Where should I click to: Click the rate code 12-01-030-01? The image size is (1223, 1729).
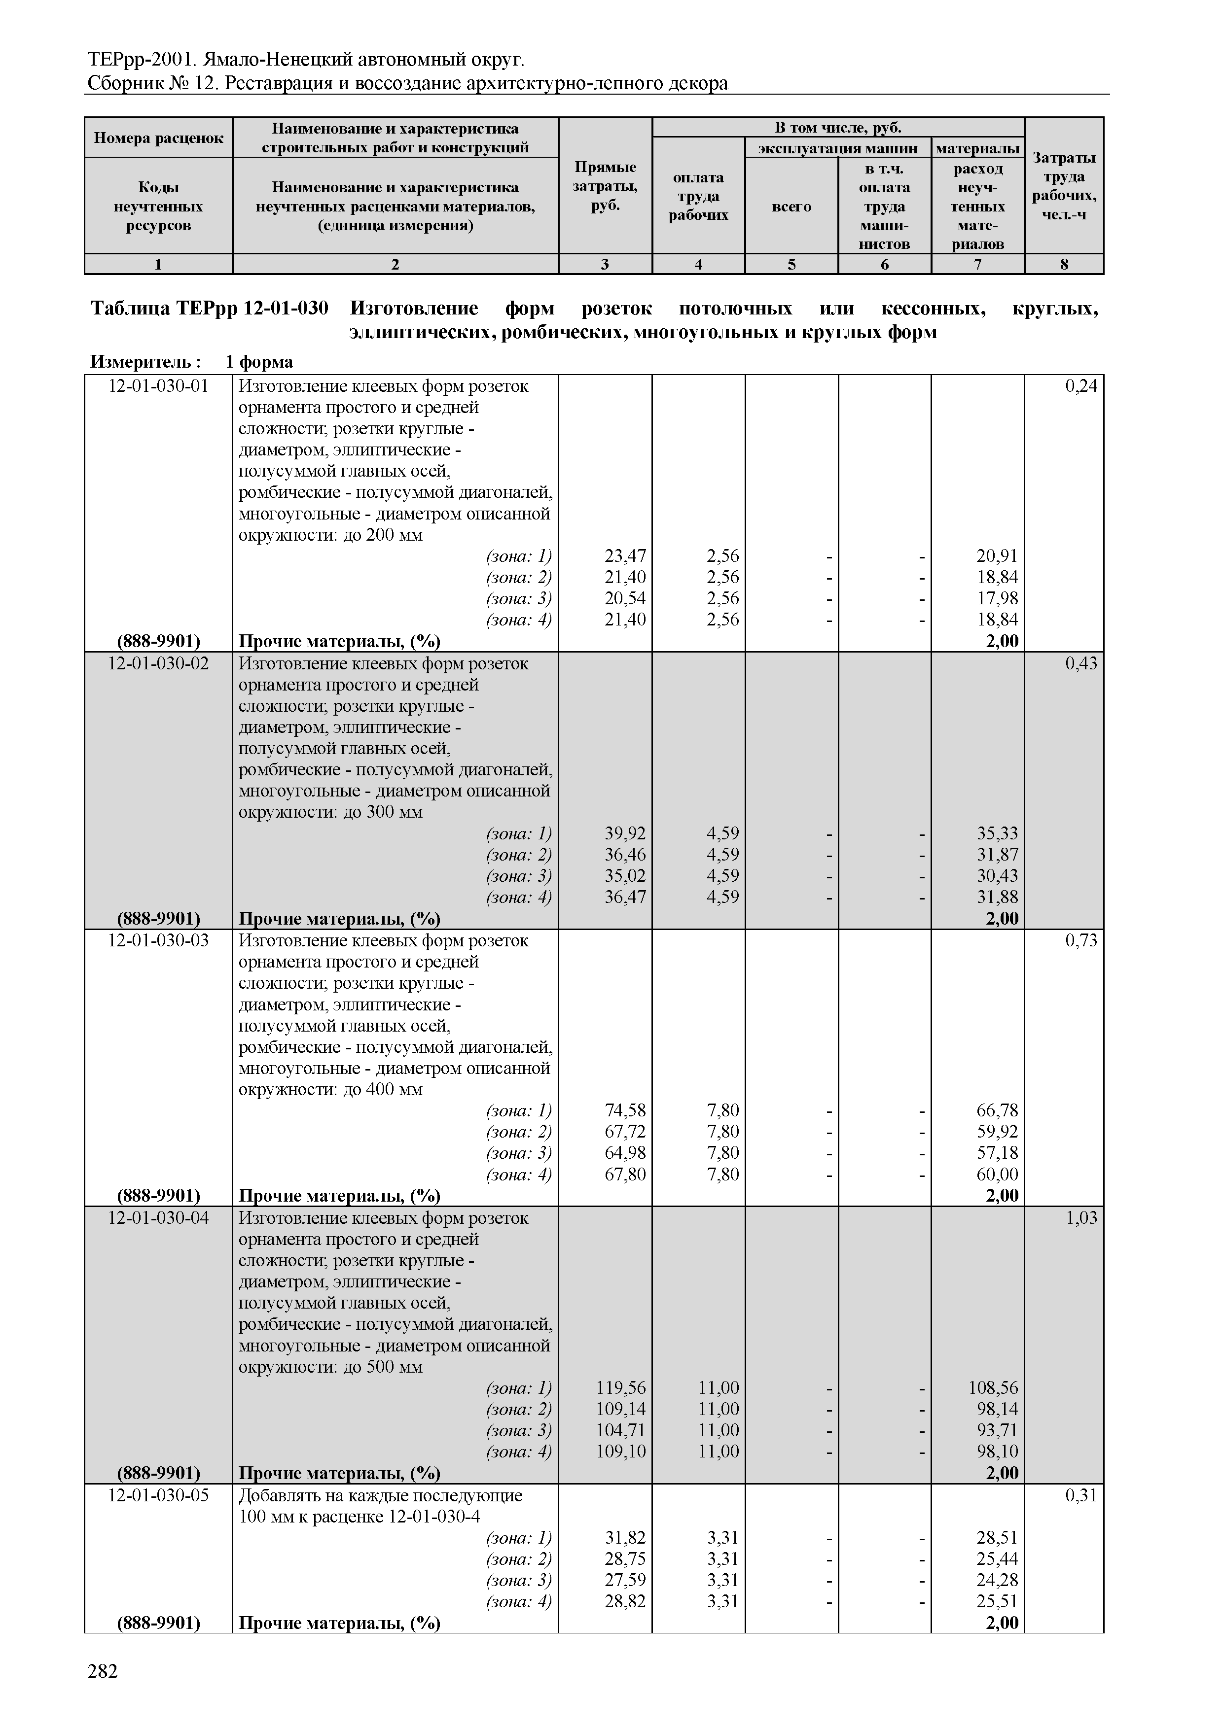[158, 386]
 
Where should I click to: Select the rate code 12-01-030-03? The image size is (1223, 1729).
[158, 940]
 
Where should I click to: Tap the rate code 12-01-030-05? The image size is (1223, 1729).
[158, 1495]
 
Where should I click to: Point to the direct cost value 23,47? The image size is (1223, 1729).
[625, 556]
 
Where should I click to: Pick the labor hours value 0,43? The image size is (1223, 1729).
[1080, 663]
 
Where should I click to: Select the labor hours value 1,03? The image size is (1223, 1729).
[1080, 1218]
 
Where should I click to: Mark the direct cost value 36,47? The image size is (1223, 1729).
[625, 897]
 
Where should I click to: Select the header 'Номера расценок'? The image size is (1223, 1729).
[158, 138]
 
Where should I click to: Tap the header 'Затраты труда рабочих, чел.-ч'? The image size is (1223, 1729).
[1064, 186]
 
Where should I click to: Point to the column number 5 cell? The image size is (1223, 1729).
[791, 264]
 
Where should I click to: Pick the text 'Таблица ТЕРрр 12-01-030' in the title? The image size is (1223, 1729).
[210, 309]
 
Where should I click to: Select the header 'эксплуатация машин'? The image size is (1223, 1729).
[837, 148]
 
